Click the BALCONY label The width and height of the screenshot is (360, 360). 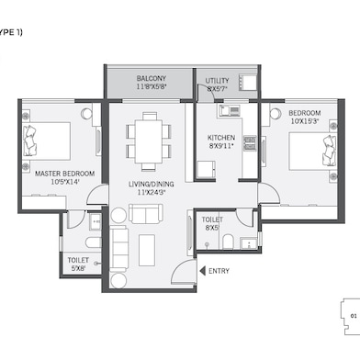point(151,79)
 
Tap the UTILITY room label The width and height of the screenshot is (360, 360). point(218,81)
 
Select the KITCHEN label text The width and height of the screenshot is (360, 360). point(221,138)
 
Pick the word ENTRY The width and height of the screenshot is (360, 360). point(219,271)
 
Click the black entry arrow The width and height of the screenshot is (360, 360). point(202,271)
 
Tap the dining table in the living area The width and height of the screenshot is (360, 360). point(149,135)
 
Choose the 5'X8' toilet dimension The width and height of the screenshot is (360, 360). point(78,270)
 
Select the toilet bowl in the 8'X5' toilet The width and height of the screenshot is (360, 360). point(227,242)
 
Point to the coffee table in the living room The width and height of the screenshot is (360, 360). point(147,249)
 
